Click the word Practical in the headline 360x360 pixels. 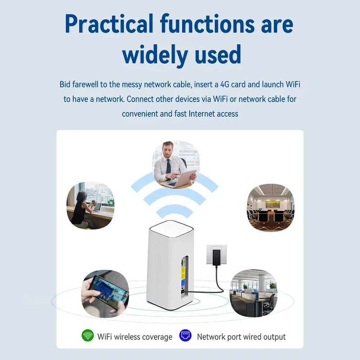point(109,24)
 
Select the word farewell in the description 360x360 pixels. point(85,85)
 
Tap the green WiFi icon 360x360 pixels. point(87,336)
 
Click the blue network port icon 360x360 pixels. point(185,336)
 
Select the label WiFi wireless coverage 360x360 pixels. point(135,337)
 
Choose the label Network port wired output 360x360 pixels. point(241,337)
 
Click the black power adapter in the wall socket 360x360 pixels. point(217,258)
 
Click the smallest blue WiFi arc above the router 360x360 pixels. point(175,210)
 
